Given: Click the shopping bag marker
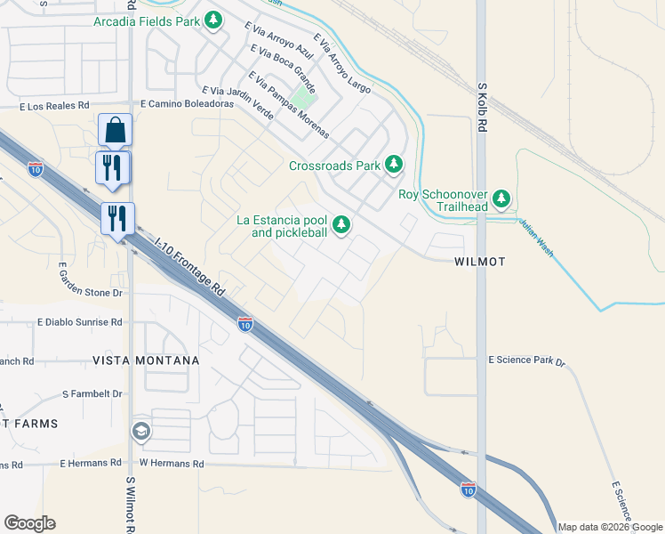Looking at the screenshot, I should point(116,130).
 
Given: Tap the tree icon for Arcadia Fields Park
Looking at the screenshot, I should point(212,20).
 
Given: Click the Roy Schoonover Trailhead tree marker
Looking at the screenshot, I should point(502,198).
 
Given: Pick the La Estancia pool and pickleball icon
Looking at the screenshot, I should point(341,224).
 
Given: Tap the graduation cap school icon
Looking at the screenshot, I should point(140,433).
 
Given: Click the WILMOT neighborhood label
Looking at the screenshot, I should point(479,262).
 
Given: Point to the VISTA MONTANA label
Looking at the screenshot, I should point(146,360).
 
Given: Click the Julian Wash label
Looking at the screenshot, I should point(537,239).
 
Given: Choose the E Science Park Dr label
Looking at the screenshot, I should point(526,360).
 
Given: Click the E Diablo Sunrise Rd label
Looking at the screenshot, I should point(80,322).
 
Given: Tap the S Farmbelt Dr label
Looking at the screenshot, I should point(92,393).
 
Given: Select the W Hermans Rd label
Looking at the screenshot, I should point(172,464).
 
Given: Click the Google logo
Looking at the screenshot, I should point(29,523).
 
